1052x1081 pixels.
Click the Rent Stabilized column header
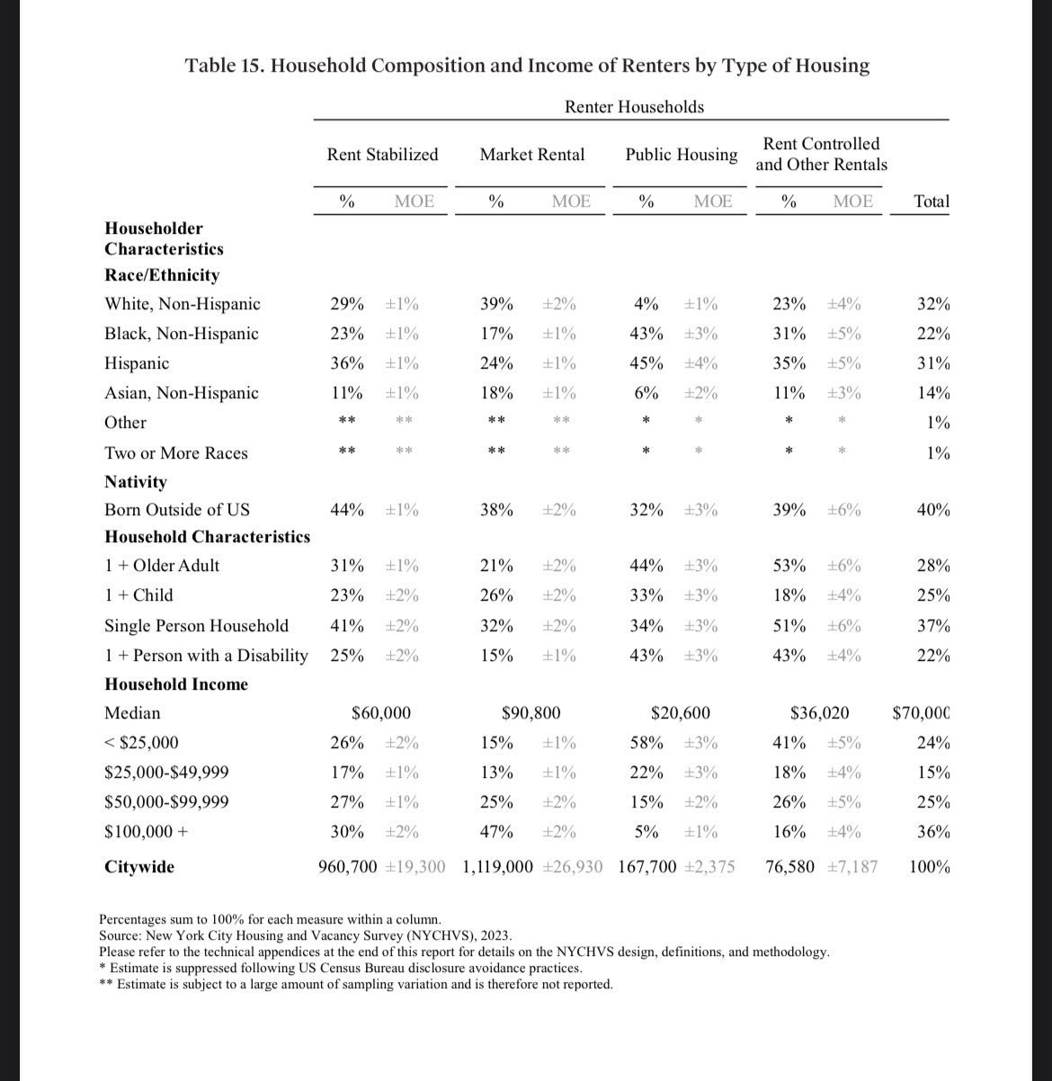coord(382,155)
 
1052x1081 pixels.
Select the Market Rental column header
coord(531,155)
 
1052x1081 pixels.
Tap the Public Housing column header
coord(682,155)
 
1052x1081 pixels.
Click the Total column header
coord(931,201)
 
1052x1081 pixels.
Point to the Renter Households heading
coord(634,107)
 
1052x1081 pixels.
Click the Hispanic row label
coord(137,363)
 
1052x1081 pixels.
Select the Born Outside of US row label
coord(177,510)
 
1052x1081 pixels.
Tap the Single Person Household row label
coord(196,626)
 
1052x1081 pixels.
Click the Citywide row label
coord(139,867)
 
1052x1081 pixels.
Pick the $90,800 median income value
coord(530,713)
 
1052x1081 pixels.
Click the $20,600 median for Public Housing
coord(680,713)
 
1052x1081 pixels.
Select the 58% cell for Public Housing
coord(646,743)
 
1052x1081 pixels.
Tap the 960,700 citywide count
coord(348,867)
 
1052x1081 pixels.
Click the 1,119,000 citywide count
coord(497,867)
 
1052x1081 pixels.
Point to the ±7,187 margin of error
coord(851,867)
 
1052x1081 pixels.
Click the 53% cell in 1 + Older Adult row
coord(789,566)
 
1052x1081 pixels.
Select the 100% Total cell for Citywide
coord(930,867)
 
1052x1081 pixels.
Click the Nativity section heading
coord(136,482)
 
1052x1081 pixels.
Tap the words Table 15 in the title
coord(224,66)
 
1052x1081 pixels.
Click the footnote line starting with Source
coord(306,935)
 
